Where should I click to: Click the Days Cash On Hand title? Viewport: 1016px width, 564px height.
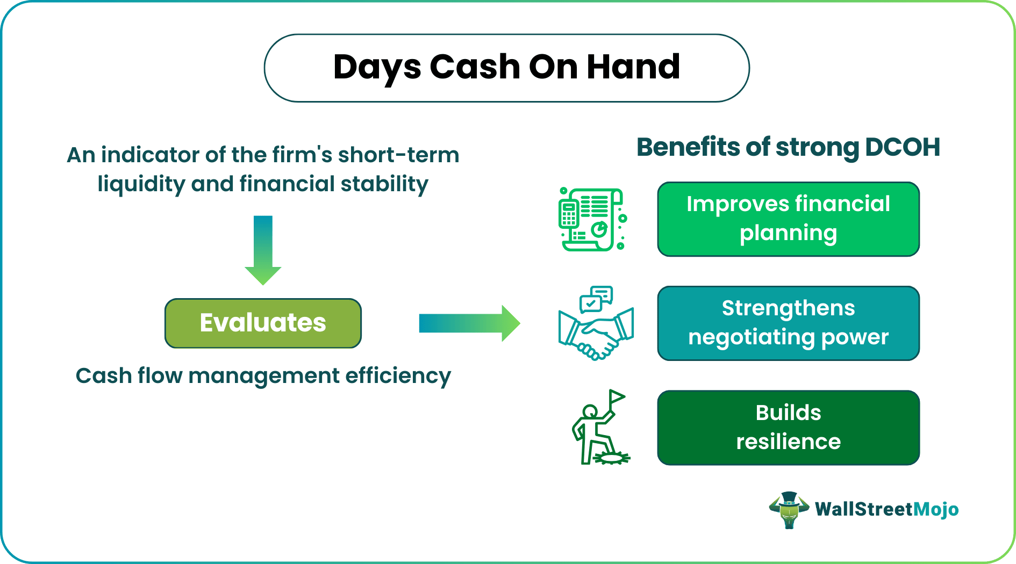[x=506, y=68]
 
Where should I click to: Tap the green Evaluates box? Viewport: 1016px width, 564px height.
[x=263, y=323]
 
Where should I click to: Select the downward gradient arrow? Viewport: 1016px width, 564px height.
[x=263, y=250]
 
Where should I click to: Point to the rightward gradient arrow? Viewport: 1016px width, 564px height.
[x=470, y=323]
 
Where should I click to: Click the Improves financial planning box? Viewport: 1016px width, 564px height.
[x=788, y=219]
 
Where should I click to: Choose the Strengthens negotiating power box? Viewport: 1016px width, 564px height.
[x=788, y=323]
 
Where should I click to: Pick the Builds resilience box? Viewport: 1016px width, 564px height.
[x=788, y=428]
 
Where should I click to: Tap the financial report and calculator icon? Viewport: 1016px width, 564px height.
[x=592, y=219]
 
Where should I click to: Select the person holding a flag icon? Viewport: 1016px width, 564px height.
[x=600, y=428]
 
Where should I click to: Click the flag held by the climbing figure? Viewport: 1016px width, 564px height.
[x=617, y=398]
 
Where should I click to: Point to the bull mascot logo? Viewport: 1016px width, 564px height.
[x=789, y=510]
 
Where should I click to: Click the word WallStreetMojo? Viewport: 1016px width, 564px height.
[x=886, y=509]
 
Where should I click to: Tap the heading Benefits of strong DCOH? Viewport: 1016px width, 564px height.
[x=788, y=147]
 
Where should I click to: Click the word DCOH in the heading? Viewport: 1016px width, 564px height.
[x=903, y=147]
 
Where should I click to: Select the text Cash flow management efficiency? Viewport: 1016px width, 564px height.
[x=263, y=376]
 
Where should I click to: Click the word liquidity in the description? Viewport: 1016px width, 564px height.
[x=141, y=184]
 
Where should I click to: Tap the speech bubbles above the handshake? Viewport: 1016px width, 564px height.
[x=596, y=299]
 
